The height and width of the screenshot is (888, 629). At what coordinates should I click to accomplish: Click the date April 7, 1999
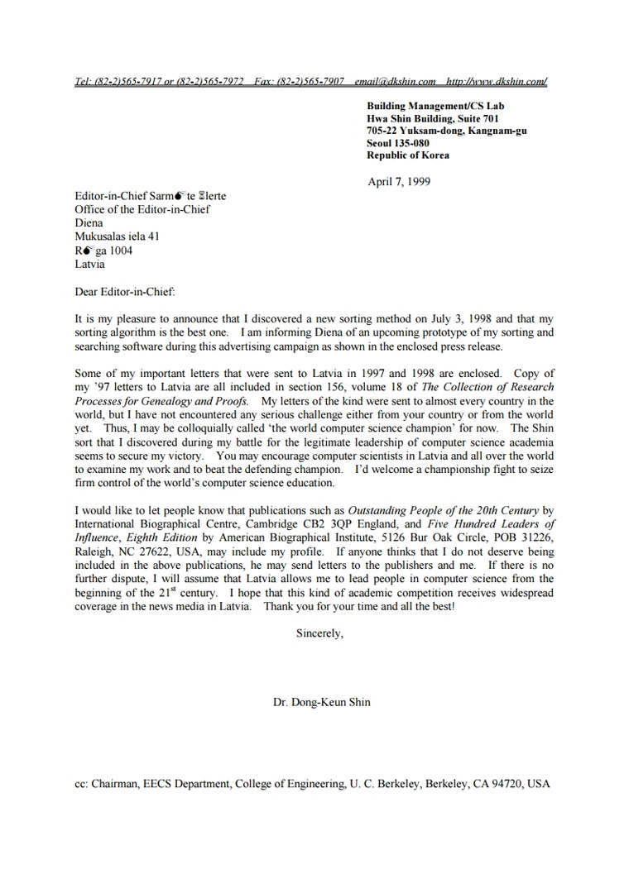(x=399, y=182)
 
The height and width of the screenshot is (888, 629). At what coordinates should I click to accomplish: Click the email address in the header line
(x=395, y=82)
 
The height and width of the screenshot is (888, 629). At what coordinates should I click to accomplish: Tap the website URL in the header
(x=496, y=82)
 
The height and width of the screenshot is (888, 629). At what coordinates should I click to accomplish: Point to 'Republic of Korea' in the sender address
(x=409, y=155)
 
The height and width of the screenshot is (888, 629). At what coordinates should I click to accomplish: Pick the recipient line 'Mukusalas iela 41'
(x=118, y=236)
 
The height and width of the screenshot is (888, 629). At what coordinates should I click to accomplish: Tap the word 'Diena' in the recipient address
(x=89, y=223)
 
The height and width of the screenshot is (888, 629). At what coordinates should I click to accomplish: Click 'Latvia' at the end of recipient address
(x=89, y=265)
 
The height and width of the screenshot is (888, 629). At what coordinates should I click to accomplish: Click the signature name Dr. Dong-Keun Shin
(x=322, y=703)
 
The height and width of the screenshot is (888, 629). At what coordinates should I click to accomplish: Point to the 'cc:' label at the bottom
(x=81, y=784)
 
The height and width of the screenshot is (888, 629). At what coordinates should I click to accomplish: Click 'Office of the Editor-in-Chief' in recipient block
(x=142, y=209)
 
